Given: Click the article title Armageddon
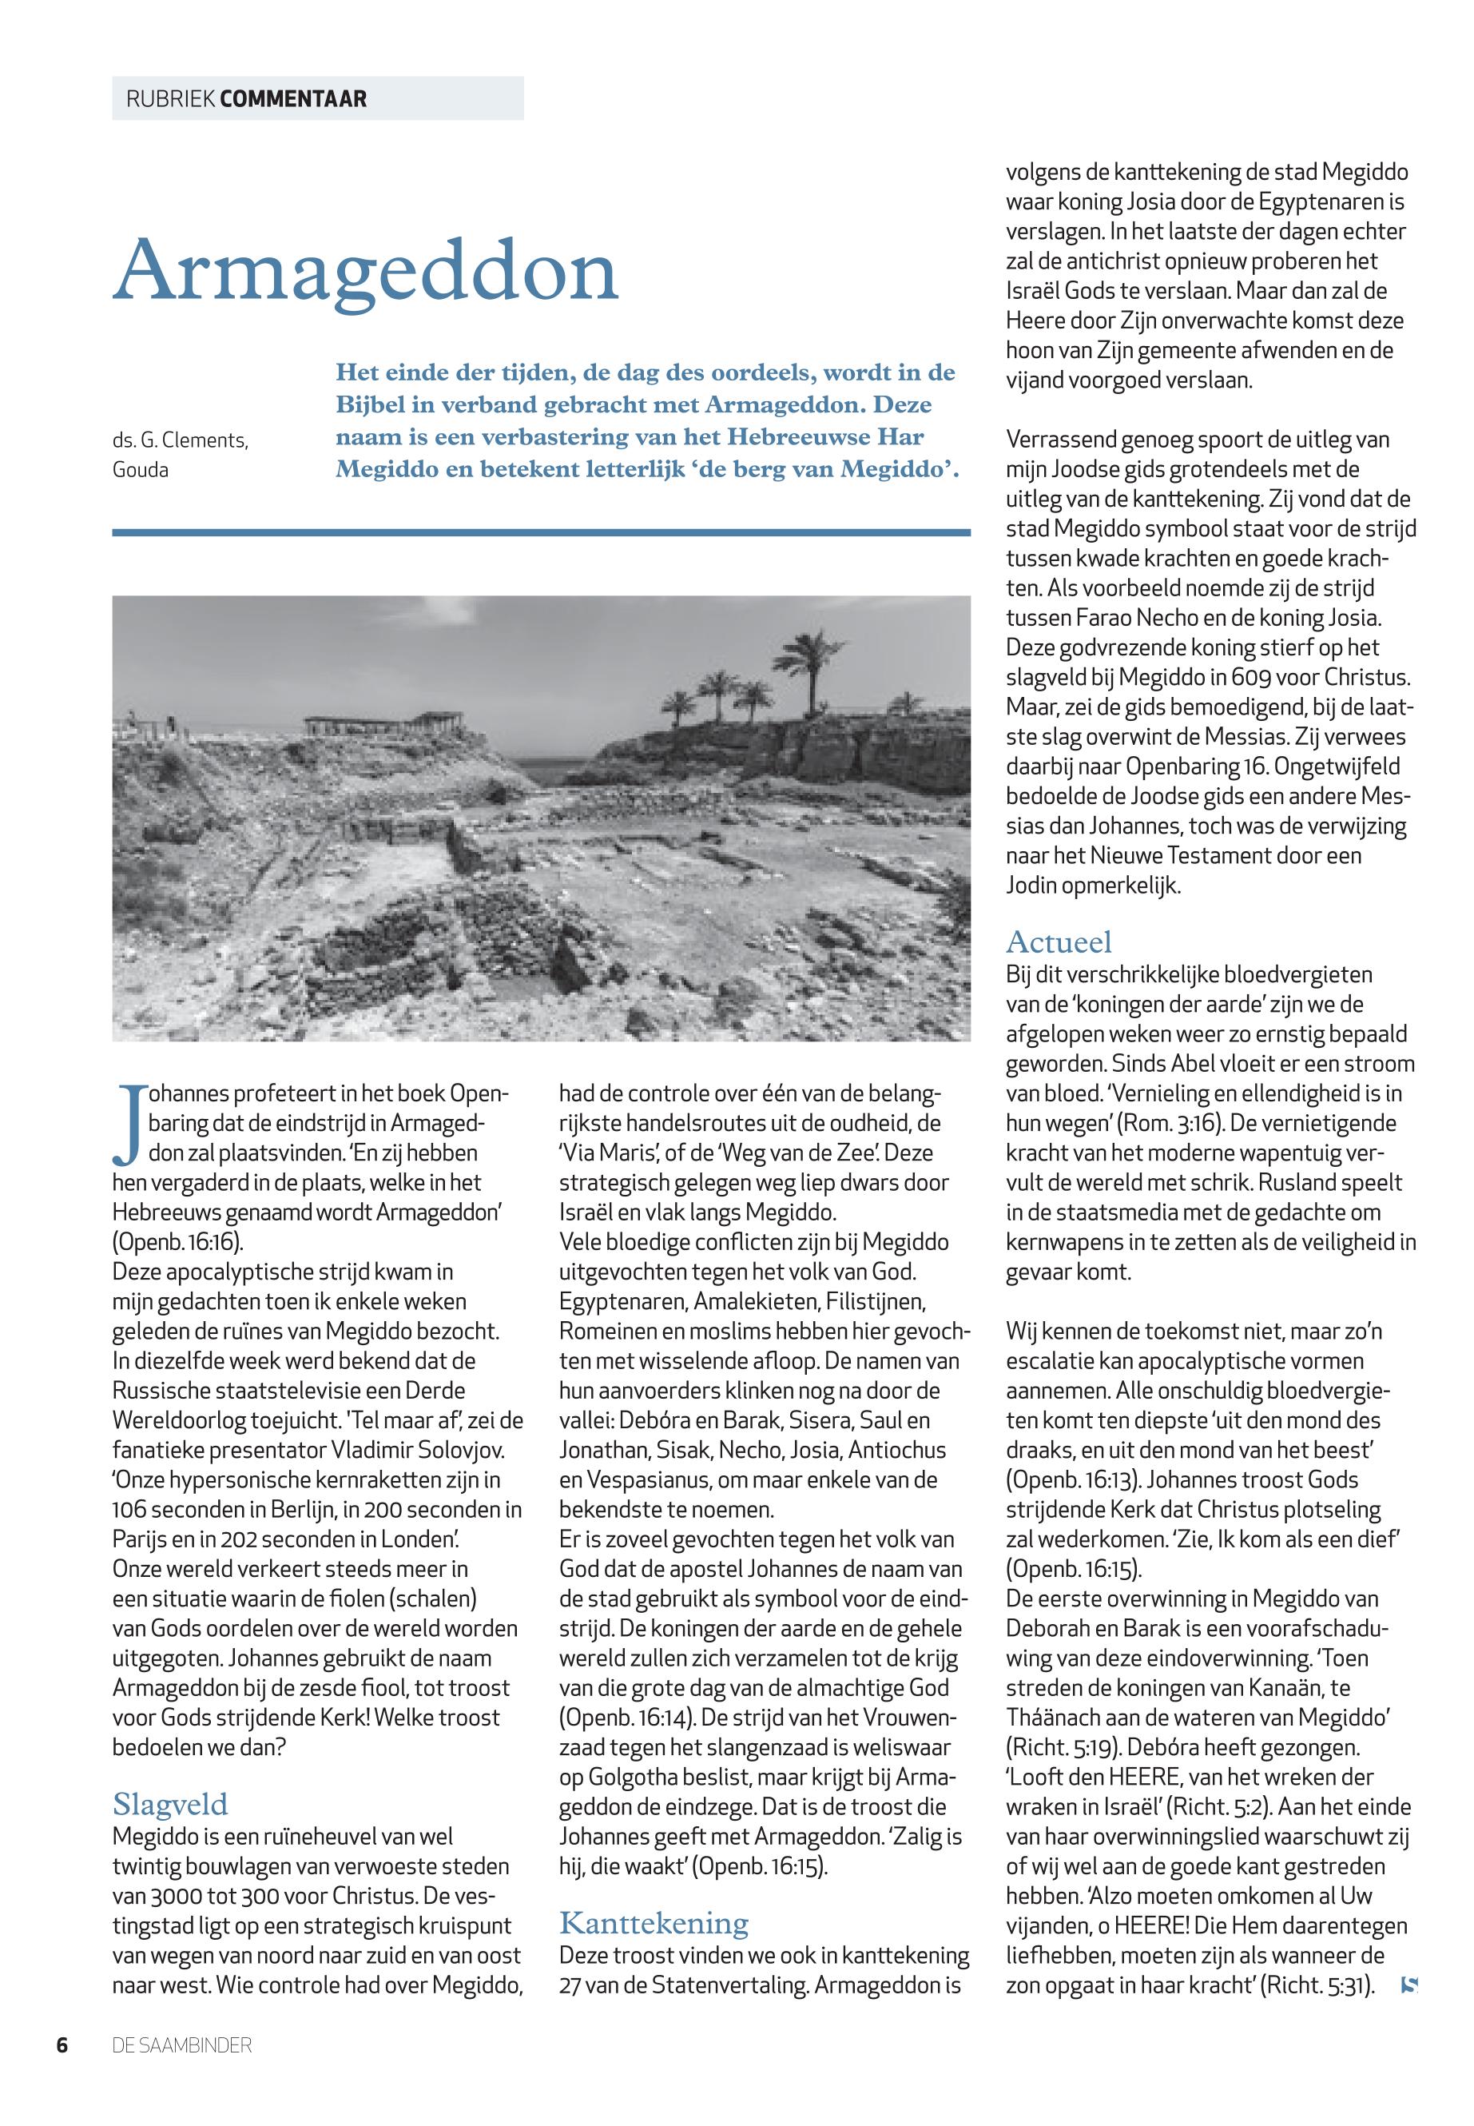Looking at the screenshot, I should pyautogui.click(x=365, y=270).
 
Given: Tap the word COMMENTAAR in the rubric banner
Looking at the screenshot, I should pyautogui.click(x=294, y=99).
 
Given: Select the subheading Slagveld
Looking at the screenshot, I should pyautogui.click(x=170, y=1804).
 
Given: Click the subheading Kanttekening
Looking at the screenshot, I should pyautogui.click(x=654, y=1923).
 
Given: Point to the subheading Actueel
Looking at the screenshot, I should pyautogui.click(x=1059, y=942).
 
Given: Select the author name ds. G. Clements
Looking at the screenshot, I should pyautogui.click(x=180, y=440).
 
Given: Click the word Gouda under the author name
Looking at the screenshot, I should pyautogui.click(x=141, y=470).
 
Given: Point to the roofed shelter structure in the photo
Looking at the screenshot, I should pyautogui.click(x=383, y=723).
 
